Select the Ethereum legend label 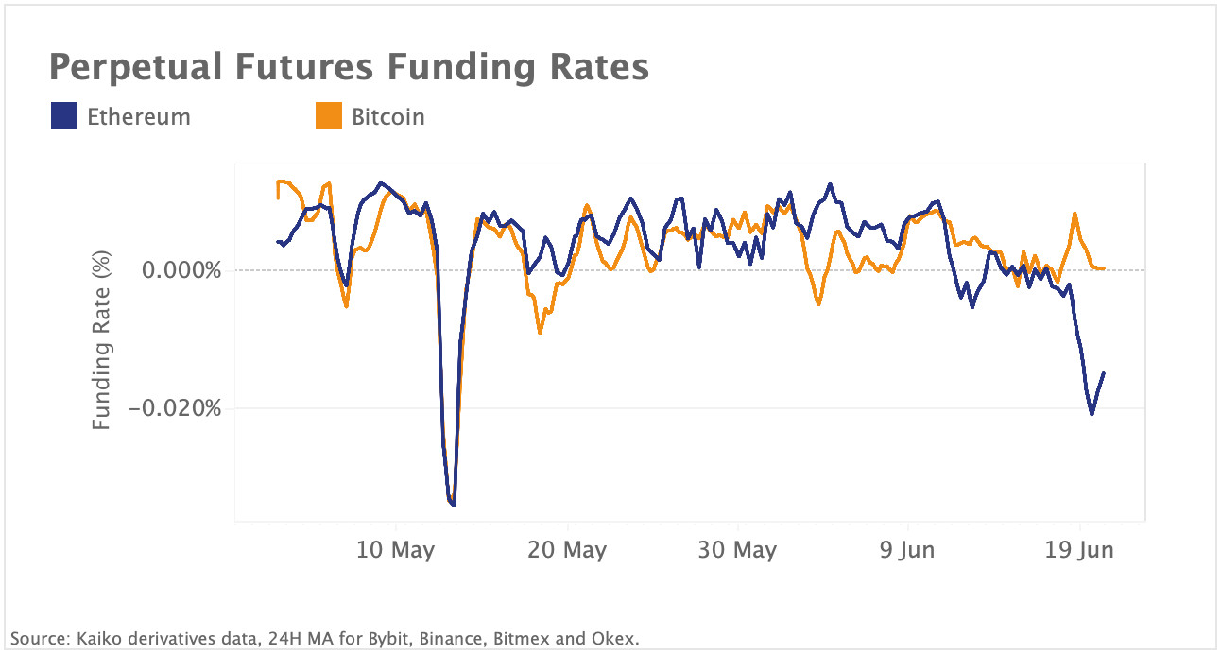138,117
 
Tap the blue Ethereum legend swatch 63,117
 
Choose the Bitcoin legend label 387,117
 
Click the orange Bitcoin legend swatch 328,117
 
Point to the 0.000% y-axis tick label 181,271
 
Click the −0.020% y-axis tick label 175,409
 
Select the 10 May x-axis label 395,550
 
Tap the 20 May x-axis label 567,550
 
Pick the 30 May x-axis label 738,550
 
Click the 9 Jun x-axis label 908,550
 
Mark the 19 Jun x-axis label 1080,550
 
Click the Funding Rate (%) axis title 102,341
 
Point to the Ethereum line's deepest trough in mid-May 454,505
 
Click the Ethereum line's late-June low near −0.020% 1092,414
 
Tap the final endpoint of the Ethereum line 1104,373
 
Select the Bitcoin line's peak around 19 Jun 1075,214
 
